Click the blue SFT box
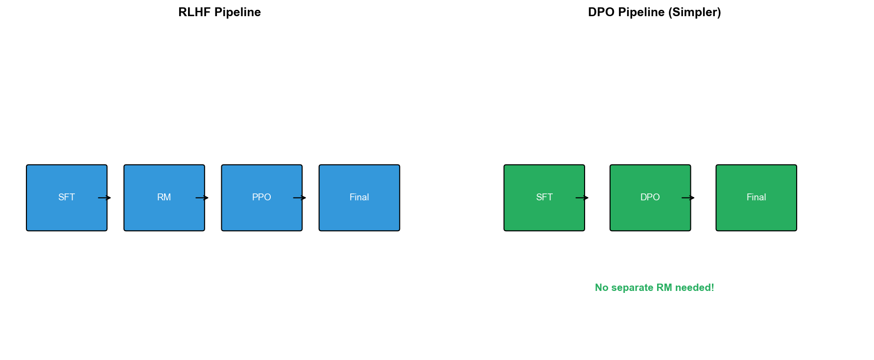click(x=67, y=197)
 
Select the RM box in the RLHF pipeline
click(x=164, y=197)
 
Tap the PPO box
click(x=261, y=197)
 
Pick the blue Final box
click(x=359, y=197)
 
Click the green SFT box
click(x=544, y=197)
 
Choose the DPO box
click(x=650, y=197)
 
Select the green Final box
click(x=756, y=197)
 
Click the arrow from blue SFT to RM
click(x=104, y=198)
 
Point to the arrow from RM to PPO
click(x=202, y=198)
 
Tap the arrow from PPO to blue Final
click(x=299, y=198)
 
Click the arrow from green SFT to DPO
click(x=582, y=198)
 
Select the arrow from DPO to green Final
click(x=688, y=198)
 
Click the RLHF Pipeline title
click(x=219, y=12)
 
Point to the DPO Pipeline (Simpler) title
click(x=655, y=12)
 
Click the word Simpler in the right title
click(x=695, y=12)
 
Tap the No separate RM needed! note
click(x=655, y=288)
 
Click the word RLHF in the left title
click(x=194, y=12)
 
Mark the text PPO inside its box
click(x=261, y=197)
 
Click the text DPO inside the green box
click(x=650, y=197)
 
